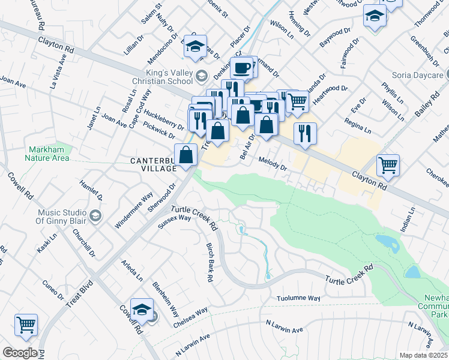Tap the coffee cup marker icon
[x=243, y=68]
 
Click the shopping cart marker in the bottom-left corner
[x=26, y=325]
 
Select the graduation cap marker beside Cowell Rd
[x=142, y=310]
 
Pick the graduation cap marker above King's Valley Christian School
[x=195, y=46]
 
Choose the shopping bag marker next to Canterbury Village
[x=187, y=155]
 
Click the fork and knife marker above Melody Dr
[x=305, y=133]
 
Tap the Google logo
[x=20, y=353]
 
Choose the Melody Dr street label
[x=273, y=163]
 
